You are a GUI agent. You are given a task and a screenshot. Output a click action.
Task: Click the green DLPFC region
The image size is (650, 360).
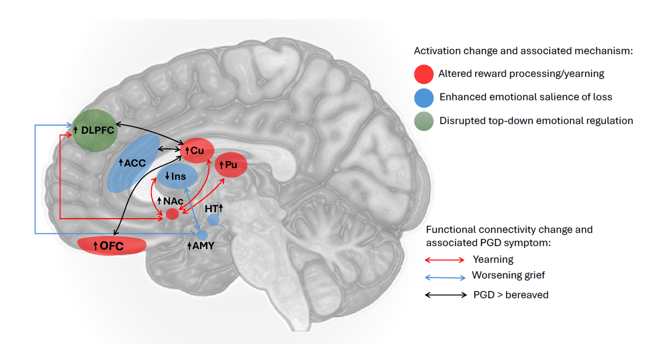(95, 130)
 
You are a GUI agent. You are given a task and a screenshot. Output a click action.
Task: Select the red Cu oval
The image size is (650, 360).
(197, 150)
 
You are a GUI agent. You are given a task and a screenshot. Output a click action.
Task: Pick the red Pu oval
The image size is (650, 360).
(231, 165)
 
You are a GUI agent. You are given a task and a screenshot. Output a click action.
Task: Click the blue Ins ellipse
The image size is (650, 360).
(177, 177)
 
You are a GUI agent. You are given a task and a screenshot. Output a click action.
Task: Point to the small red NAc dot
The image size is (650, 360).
(172, 214)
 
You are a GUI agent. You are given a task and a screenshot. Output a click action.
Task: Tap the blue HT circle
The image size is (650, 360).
(213, 220)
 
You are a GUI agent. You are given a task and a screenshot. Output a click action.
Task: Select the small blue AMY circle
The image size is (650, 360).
(202, 235)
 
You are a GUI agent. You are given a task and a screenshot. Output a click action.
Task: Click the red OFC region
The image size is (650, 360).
(112, 246)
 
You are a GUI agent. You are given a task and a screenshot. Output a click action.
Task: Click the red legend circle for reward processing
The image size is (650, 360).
(424, 74)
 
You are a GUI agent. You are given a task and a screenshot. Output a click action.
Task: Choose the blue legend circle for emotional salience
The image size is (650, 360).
(424, 97)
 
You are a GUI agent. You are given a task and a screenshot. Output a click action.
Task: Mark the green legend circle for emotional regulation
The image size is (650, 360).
(424, 121)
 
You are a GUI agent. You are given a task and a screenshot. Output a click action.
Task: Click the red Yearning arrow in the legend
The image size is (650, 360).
(444, 260)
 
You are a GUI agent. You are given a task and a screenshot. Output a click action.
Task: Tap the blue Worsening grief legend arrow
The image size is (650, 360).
(444, 277)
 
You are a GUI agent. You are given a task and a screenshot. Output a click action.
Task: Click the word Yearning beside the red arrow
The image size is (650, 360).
(493, 260)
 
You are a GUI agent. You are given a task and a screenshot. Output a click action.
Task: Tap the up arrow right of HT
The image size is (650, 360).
(221, 208)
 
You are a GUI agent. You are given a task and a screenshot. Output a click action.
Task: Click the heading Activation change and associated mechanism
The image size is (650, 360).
(523, 51)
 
